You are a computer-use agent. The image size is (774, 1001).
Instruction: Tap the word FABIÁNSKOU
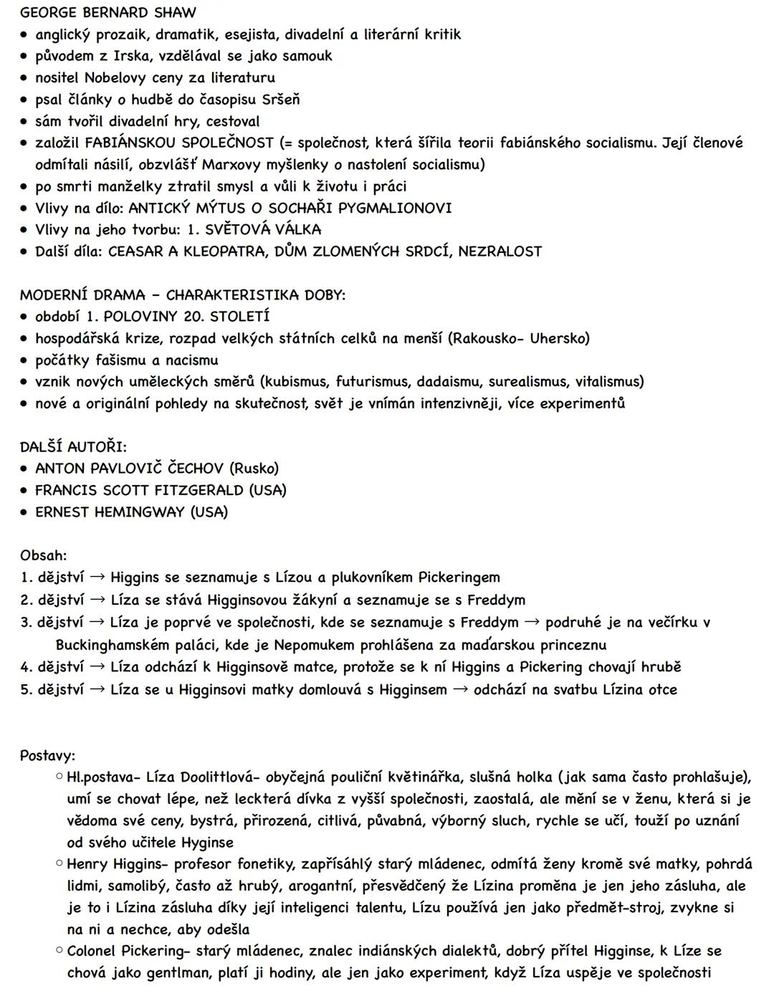pyautogui.click(x=130, y=143)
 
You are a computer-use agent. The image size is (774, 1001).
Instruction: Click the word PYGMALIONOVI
pyautogui.click(x=395, y=208)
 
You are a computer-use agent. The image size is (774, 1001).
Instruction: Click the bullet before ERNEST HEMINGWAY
pyautogui.click(x=25, y=512)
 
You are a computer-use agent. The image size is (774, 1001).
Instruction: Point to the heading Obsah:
pyautogui.click(x=43, y=555)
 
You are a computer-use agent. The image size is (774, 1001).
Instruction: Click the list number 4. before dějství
pyautogui.click(x=27, y=667)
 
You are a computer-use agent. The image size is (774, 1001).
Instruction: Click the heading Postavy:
pyautogui.click(x=47, y=755)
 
